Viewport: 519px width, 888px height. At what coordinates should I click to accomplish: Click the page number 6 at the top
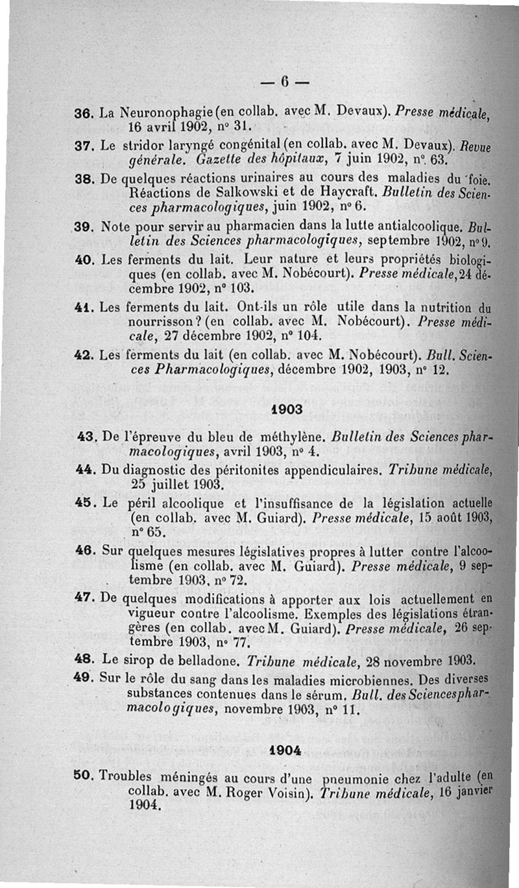(x=284, y=82)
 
